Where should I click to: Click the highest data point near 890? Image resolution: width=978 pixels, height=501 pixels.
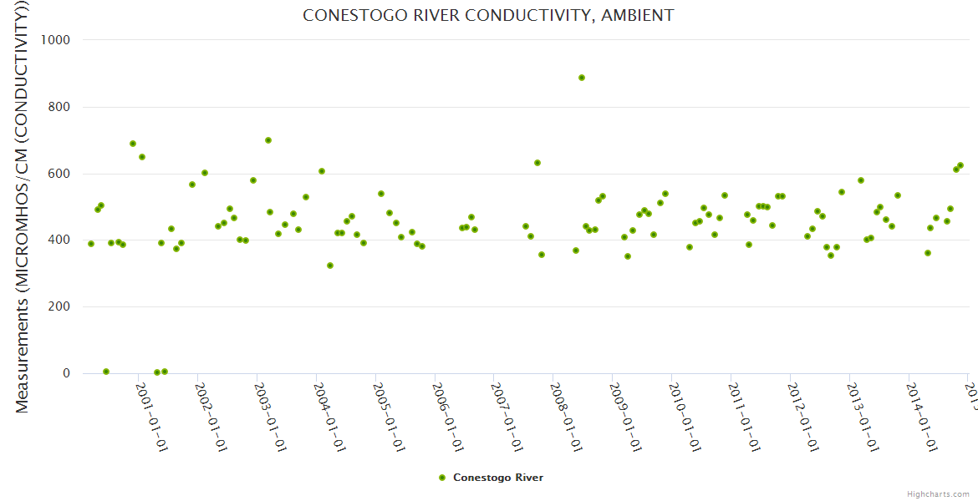coord(582,78)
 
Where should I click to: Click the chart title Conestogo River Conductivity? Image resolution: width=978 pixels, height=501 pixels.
coord(488,16)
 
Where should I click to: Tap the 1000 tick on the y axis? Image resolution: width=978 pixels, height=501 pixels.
coord(53,40)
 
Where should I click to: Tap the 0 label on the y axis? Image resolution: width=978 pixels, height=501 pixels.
coord(65,373)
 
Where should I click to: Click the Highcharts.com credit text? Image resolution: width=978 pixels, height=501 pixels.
coord(938,494)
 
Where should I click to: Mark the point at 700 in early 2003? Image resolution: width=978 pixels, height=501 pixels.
coord(268,140)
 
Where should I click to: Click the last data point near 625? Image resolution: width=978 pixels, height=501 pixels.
coord(960,165)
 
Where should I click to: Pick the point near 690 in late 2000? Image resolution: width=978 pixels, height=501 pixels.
coord(133,144)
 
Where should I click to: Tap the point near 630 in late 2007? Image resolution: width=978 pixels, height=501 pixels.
coord(537,163)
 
